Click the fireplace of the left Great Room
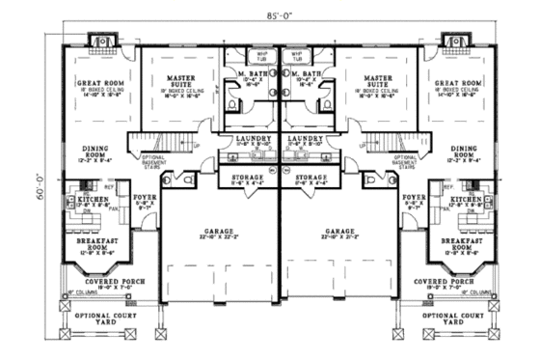coord(102,42)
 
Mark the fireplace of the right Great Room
coord(450,42)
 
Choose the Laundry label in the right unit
coord(311,139)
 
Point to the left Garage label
coord(218,232)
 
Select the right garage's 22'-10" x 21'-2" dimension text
coord(338,239)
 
